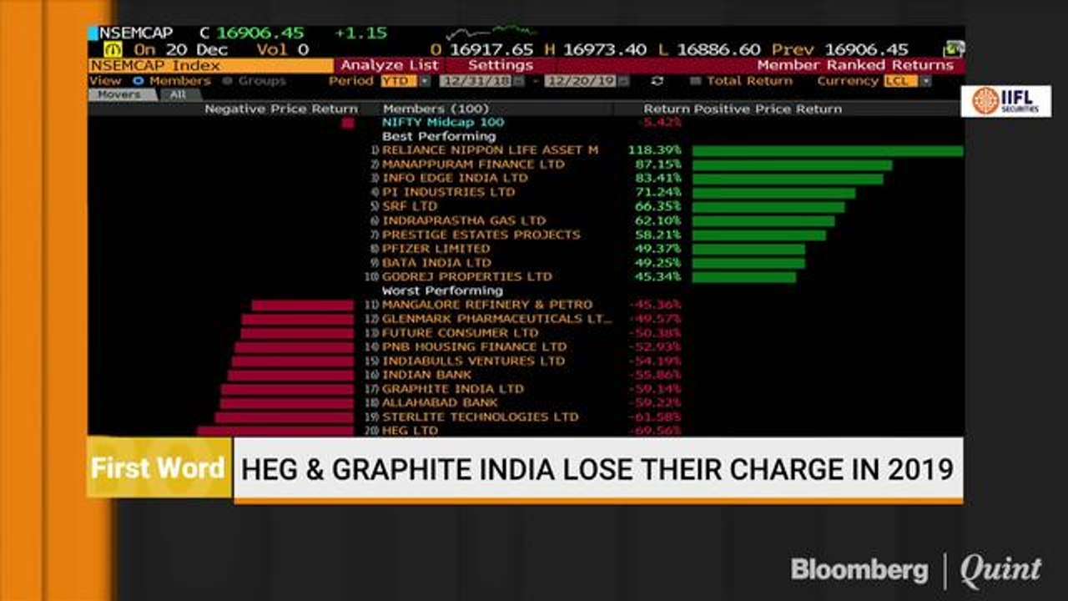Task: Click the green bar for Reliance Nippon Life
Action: tap(827, 151)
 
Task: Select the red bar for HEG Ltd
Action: tap(275, 431)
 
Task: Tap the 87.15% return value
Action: tap(654, 164)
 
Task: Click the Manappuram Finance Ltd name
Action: tap(473, 164)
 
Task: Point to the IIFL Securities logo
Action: tap(1005, 101)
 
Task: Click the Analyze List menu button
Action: tap(389, 65)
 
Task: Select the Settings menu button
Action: tap(500, 65)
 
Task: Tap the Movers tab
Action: tap(119, 95)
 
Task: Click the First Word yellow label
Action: tap(159, 467)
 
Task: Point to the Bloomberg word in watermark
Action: tap(859, 570)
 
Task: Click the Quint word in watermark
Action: tap(1000, 570)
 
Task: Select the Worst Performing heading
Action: tap(442, 290)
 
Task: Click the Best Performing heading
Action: tap(439, 136)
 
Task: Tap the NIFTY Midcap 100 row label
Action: tap(443, 122)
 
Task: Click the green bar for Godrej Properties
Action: tap(743, 277)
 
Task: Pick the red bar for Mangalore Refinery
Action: tap(303, 306)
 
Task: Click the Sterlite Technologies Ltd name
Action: tap(480, 417)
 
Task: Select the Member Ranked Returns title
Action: tap(854, 65)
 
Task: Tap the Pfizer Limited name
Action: tap(436, 249)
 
